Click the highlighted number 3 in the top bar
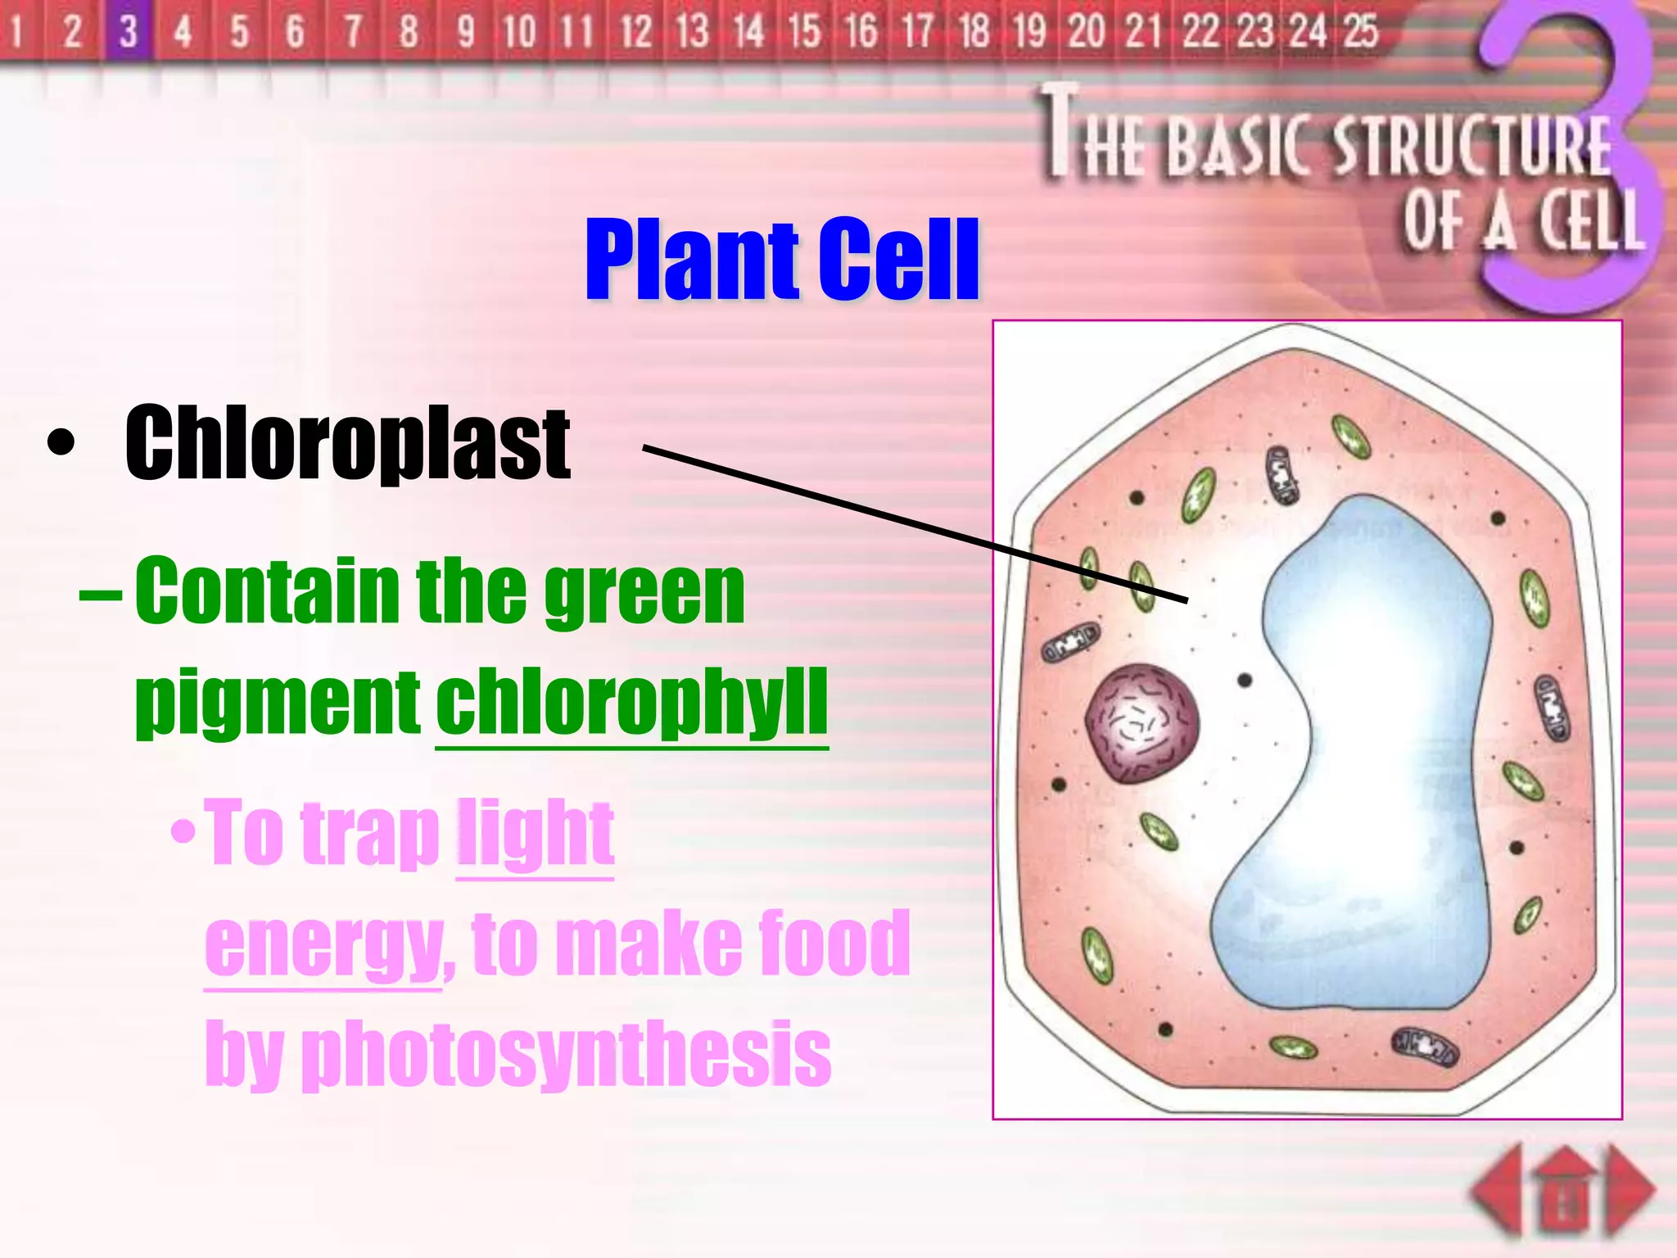tap(128, 31)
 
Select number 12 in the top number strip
tap(635, 31)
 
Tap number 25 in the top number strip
tap(1360, 31)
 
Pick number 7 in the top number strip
tap(352, 31)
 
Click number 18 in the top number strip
tap(974, 31)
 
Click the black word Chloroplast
tap(347, 443)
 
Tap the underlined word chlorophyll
tap(631, 702)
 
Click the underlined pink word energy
tap(323, 946)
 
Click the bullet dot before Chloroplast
tap(61, 445)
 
